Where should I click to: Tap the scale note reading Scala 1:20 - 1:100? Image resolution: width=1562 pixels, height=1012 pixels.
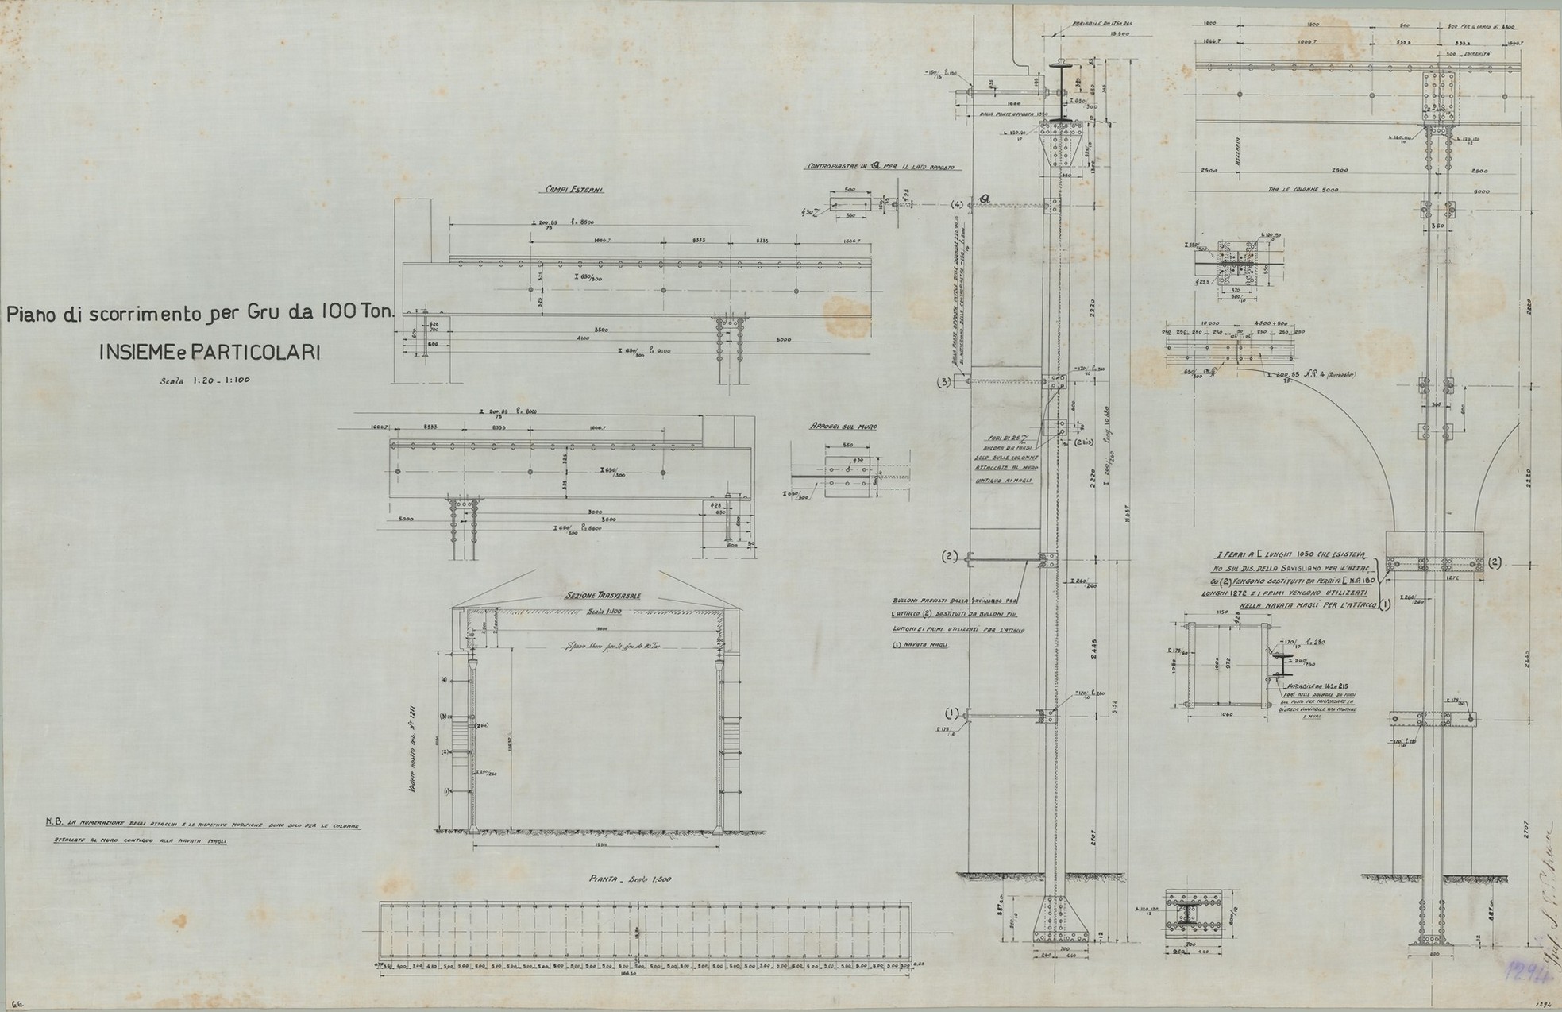pos(205,380)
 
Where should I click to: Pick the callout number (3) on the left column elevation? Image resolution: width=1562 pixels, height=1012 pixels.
pos(944,382)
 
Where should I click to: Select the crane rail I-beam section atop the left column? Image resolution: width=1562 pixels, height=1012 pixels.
pos(1060,88)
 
